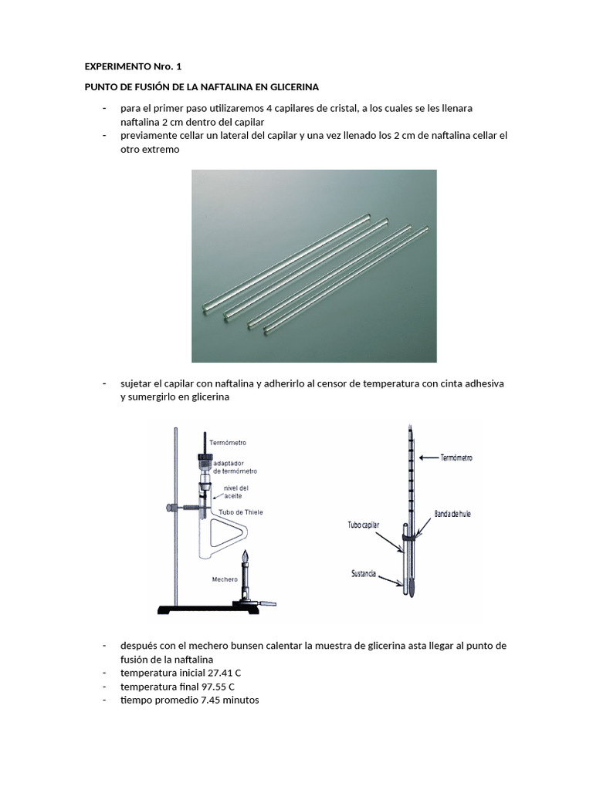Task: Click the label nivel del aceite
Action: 236,492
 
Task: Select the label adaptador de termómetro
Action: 235,466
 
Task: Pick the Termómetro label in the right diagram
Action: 456,457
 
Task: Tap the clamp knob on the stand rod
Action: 169,508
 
